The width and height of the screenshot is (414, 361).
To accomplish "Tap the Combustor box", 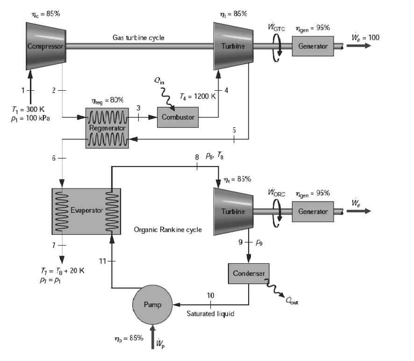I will point(178,117).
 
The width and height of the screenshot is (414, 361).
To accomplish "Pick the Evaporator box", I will point(86,211).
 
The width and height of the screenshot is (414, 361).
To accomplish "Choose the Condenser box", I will point(248,273).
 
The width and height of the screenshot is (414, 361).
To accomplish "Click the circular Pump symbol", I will point(152,305).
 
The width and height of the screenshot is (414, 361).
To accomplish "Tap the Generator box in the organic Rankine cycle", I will point(313,211).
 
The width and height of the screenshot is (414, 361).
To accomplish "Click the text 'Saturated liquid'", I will point(210,314).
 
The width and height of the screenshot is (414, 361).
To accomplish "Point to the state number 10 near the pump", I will point(210,296).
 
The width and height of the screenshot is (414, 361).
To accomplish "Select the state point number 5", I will point(234,130).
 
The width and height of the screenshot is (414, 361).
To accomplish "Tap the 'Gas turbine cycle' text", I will point(138,37).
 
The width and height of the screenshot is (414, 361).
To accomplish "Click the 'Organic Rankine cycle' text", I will point(168,230).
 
